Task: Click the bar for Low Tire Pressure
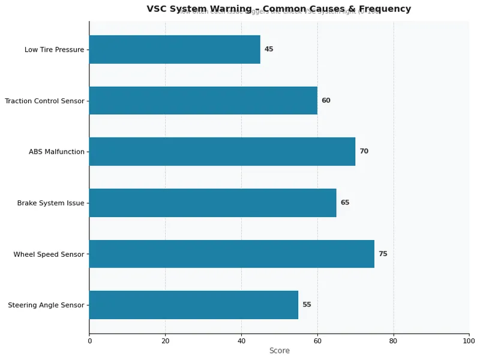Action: pos(175,49)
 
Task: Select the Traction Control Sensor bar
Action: pos(203,100)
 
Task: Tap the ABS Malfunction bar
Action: pos(222,151)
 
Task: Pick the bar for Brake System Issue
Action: pos(212,203)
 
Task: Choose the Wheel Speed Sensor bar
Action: pos(232,254)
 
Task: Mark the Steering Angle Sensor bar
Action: pos(193,305)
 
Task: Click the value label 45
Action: pos(269,49)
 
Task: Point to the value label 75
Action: pos(383,254)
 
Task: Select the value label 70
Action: pos(364,151)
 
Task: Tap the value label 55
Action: pos(307,305)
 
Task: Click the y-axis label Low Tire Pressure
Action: pos(54,50)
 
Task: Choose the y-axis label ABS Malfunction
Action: pos(56,152)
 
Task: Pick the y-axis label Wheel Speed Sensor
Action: pos(49,254)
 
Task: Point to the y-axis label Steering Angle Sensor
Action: pos(46,305)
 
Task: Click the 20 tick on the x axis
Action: pos(165,341)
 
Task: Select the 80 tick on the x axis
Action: pos(394,341)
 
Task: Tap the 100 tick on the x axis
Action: pos(469,341)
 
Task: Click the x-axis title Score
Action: pos(279,351)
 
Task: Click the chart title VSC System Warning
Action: pos(279,9)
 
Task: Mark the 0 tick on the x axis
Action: pos(89,341)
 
